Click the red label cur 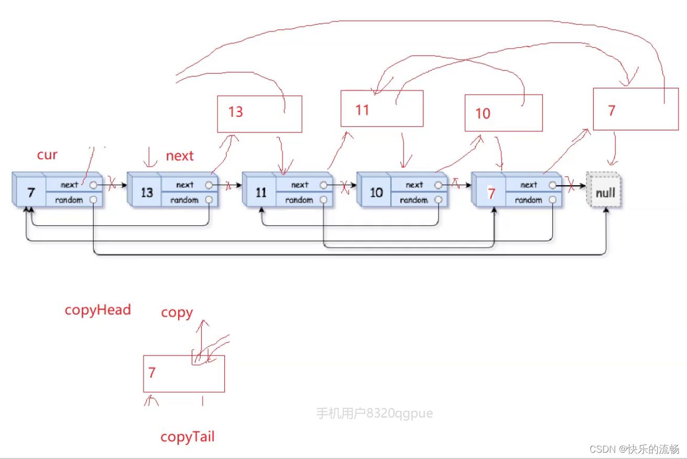(x=47, y=155)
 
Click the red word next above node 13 (x=180, y=156)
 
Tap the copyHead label (x=97, y=310)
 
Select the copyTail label (x=187, y=437)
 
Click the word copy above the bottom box (x=177, y=312)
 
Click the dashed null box (x=605, y=193)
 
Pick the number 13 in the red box (x=236, y=112)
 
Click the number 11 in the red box (x=362, y=110)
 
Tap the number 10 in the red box (x=483, y=114)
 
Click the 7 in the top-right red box (x=612, y=110)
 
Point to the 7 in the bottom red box (x=152, y=373)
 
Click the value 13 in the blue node (x=147, y=193)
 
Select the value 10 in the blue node (x=376, y=193)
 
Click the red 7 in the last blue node (x=491, y=194)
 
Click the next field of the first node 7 (x=69, y=185)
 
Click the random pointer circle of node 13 (x=209, y=200)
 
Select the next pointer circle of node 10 (x=438, y=185)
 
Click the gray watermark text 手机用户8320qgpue (x=375, y=413)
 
